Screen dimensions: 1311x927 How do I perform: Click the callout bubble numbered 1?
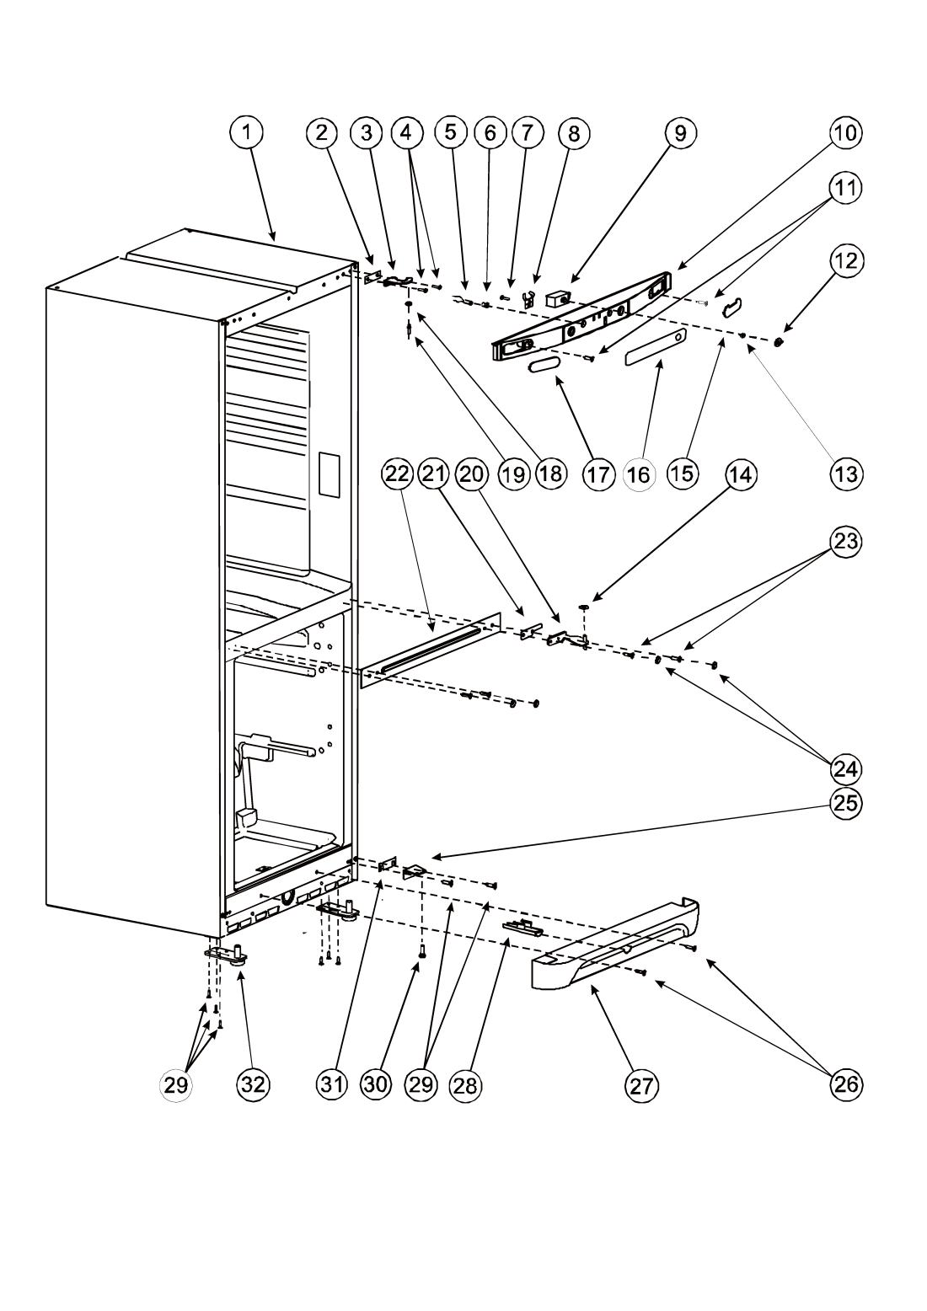(x=247, y=132)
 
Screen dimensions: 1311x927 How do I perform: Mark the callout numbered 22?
(x=397, y=474)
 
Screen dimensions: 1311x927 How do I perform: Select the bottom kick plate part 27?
(x=615, y=944)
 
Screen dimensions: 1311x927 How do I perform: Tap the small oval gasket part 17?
(x=544, y=365)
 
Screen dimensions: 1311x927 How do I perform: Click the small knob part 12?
(x=779, y=341)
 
